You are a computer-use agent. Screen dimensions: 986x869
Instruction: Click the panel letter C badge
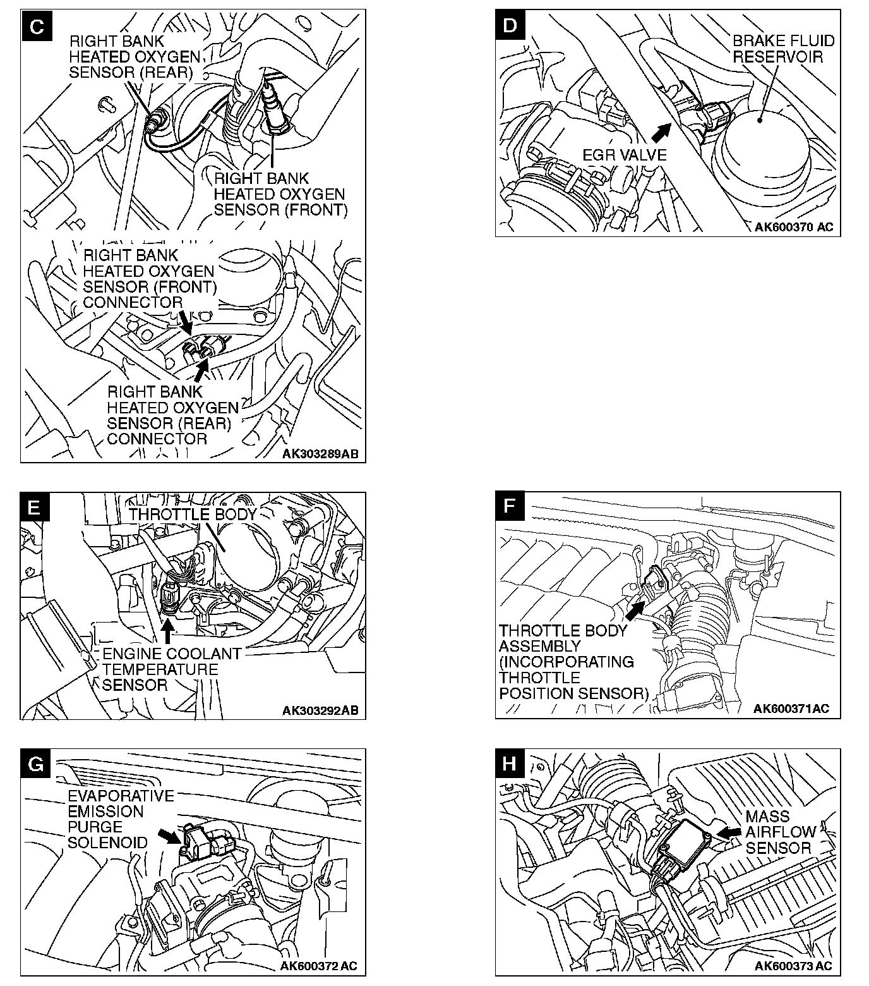[37, 27]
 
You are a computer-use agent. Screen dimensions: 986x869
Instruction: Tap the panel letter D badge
[510, 25]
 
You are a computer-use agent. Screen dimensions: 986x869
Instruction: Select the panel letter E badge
[35, 508]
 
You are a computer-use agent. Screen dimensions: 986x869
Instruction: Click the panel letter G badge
[36, 764]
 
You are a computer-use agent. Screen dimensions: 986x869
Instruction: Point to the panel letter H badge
[510, 764]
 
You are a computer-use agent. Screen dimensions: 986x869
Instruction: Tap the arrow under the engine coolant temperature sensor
[167, 631]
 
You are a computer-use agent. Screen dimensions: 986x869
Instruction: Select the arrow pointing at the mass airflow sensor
[729, 833]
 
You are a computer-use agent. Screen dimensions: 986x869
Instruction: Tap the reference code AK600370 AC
[794, 227]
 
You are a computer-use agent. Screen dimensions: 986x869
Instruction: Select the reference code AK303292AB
[320, 710]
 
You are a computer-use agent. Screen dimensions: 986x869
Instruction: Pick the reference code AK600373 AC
[793, 966]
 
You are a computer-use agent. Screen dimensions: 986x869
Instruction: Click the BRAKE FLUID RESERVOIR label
[783, 49]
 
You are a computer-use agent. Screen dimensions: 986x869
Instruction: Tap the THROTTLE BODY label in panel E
[193, 514]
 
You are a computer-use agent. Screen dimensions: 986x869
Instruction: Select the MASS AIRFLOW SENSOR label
[781, 832]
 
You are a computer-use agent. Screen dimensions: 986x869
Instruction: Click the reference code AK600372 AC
[319, 966]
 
